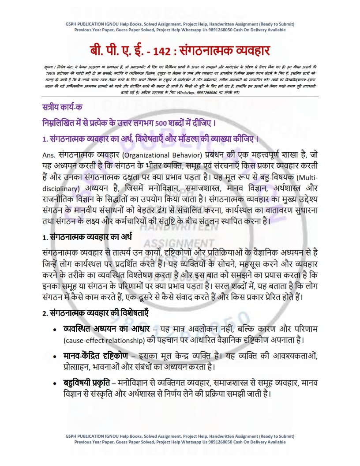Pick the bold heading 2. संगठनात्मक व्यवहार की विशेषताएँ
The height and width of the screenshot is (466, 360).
pos(95,313)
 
